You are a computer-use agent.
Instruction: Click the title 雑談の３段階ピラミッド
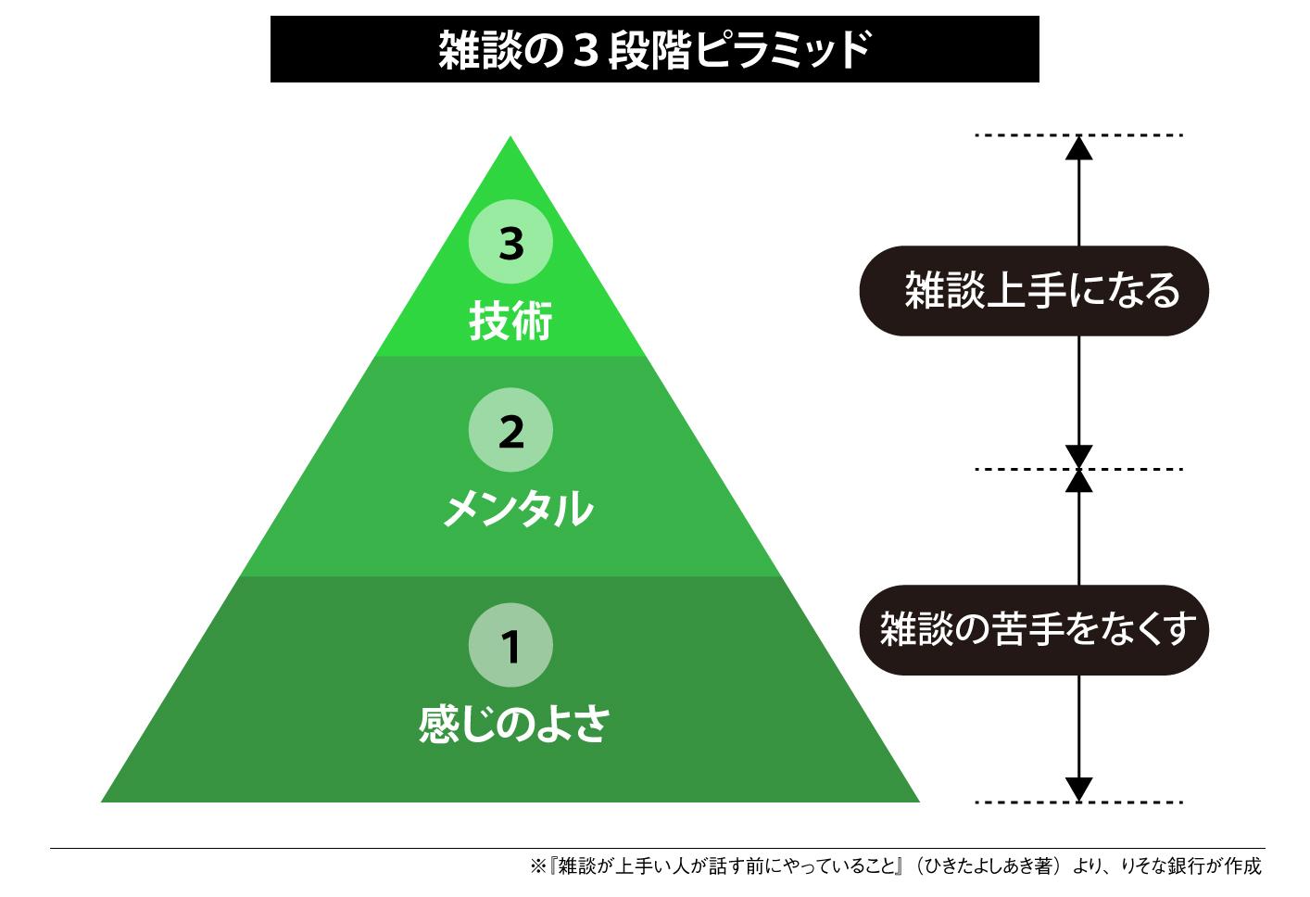(654, 49)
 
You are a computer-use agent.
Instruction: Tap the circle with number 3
(510, 244)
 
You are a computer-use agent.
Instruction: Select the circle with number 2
(510, 431)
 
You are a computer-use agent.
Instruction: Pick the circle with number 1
(510, 646)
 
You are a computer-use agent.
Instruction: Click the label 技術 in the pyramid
(510, 321)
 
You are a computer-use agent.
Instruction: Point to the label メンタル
(517, 509)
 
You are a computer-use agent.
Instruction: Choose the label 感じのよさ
(513, 724)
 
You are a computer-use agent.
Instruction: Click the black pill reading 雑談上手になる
(1034, 290)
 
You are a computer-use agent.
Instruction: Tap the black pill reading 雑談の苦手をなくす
(1034, 630)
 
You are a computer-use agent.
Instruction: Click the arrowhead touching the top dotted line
(1078, 147)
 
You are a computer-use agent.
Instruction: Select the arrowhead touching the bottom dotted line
(1078, 789)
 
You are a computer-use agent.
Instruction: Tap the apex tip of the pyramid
(510, 140)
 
